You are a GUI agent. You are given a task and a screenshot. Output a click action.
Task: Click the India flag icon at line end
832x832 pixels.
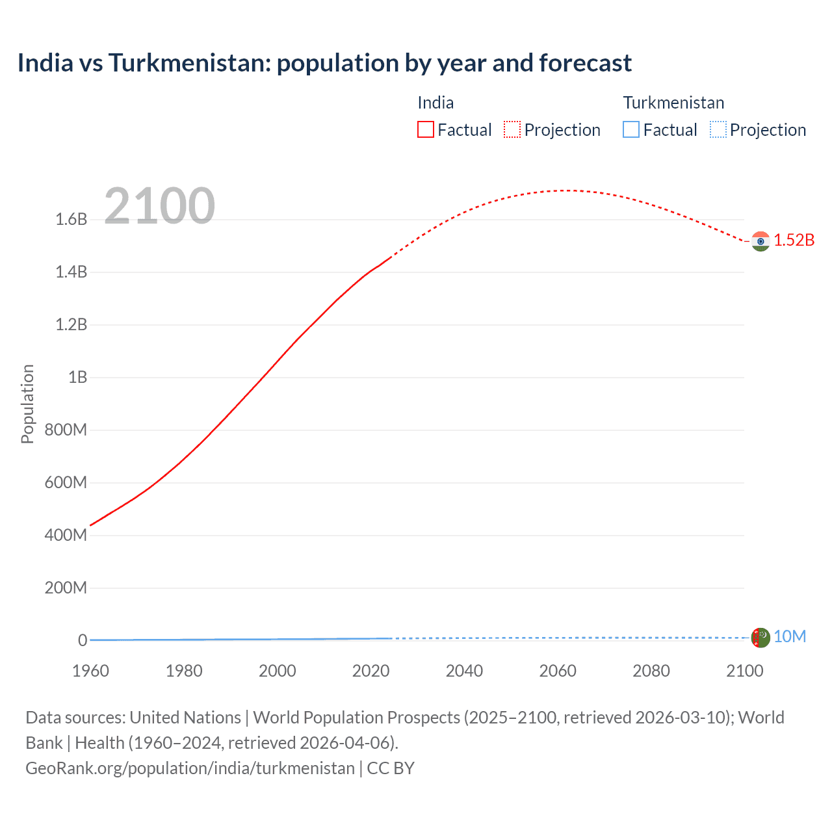[760, 241]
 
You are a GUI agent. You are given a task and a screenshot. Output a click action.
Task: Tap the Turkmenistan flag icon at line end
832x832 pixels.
[760, 638]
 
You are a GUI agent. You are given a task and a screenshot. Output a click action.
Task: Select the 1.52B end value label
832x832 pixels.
[794, 240]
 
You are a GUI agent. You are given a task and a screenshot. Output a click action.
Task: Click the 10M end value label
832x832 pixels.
[790, 636]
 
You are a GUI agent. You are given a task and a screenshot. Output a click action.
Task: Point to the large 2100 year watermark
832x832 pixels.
[159, 206]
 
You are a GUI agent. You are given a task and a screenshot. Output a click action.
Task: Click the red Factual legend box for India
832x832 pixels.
[425, 129]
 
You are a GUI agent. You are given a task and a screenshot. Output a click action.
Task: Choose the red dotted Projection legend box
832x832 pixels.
[512, 129]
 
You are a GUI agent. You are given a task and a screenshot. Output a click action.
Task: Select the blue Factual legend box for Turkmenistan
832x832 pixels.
[631, 129]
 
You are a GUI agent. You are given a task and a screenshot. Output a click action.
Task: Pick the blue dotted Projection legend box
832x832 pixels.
[718, 129]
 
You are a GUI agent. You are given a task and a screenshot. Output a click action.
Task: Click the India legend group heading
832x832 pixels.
[435, 103]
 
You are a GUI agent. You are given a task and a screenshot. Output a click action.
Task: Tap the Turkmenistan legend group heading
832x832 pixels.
[673, 103]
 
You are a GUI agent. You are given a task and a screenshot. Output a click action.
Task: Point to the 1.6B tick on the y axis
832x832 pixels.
[71, 219]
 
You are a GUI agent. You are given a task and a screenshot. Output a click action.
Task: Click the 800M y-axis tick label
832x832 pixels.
[66, 430]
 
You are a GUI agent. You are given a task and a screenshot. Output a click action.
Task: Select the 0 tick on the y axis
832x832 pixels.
[83, 640]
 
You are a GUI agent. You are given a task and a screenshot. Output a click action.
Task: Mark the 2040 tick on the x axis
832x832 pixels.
[464, 671]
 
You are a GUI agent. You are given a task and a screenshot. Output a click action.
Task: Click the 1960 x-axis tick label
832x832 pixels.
[90, 671]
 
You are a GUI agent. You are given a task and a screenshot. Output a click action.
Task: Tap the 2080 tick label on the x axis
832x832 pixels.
[651, 671]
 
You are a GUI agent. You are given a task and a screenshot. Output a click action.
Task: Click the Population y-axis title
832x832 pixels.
[27, 404]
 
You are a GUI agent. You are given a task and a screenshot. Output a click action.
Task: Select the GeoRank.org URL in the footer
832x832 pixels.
[190, 768]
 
